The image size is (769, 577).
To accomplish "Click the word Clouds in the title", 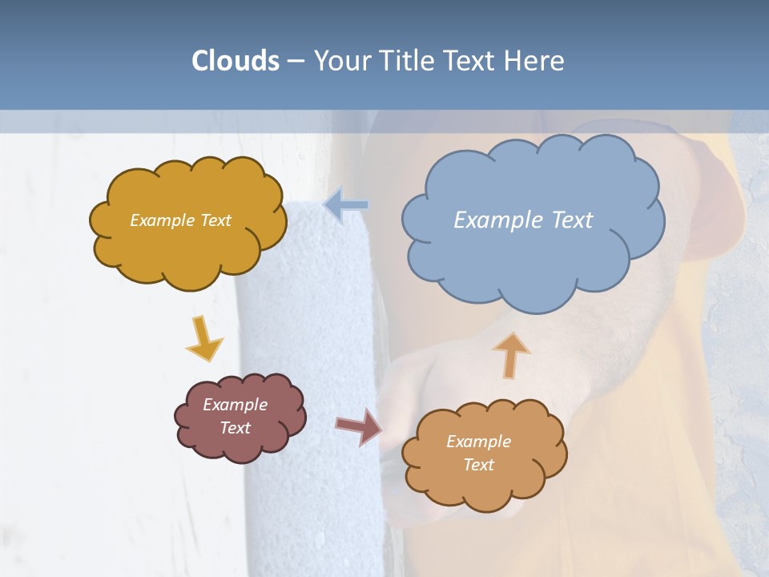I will pos(235,61).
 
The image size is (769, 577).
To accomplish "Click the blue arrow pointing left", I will pos(346,205).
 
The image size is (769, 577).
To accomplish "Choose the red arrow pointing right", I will pos(359,426).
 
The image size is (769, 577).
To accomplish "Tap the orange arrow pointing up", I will pos(511,355).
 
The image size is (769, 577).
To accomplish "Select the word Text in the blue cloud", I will pos(571,220).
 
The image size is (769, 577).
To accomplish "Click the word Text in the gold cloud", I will pos(215,220).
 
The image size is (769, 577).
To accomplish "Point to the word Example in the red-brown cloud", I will pos(235,405).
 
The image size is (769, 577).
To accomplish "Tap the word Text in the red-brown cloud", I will pos(235,428).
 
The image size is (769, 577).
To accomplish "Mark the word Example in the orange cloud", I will pos(478,442).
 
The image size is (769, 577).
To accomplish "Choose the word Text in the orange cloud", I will pos(478,465).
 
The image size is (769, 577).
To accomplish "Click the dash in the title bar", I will pos(296,61).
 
